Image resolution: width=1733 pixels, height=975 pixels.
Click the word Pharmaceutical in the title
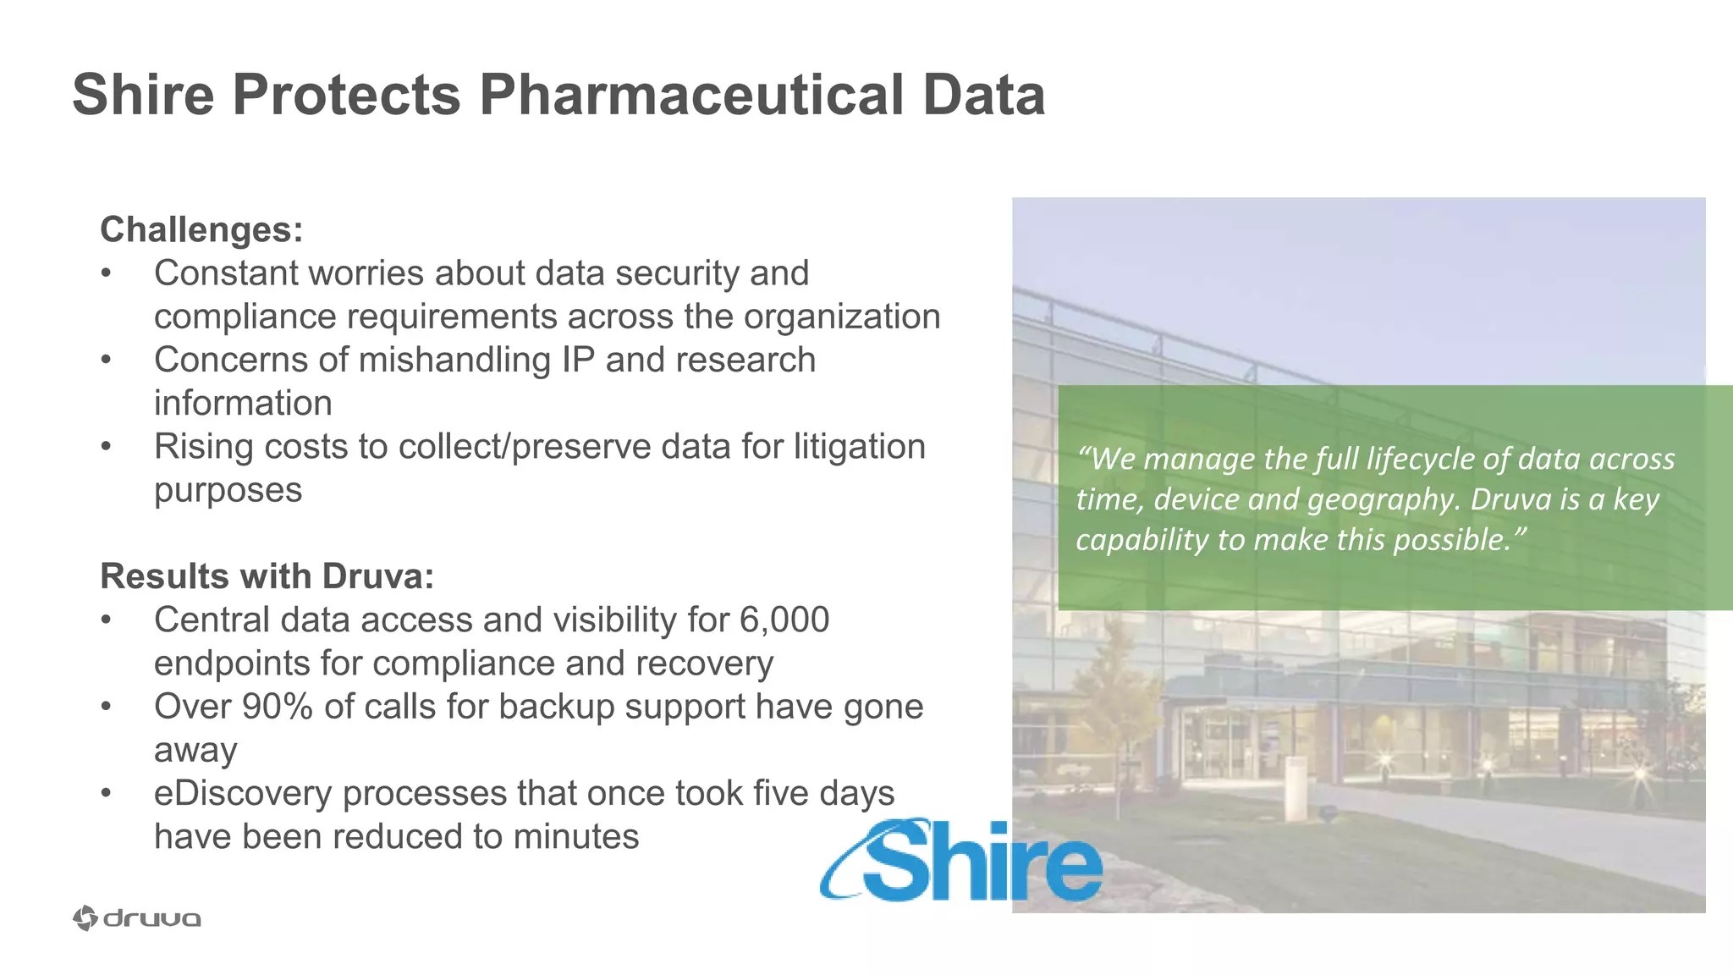(691, 95)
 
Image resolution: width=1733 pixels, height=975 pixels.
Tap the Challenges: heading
(201, 230)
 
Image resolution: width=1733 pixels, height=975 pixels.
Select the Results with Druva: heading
(267, 576)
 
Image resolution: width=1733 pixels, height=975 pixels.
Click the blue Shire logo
(963, 862)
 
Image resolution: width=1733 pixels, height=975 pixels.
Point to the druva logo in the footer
(137, 918)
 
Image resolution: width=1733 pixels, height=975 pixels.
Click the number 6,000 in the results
(784, 620)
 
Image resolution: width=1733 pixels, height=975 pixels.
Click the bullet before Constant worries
(106, 273)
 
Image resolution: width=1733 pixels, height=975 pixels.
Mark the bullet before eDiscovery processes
(106, 794)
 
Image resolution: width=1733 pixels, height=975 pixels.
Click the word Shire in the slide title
(143, 95)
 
